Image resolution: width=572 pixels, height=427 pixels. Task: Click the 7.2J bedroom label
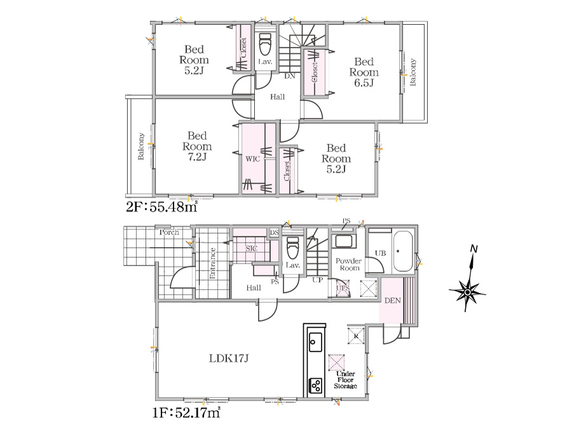197,146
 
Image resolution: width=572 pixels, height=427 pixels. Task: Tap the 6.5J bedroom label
364,72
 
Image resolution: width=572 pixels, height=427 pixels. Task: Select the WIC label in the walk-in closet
253,159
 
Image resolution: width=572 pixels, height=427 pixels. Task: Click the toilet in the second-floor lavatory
265,44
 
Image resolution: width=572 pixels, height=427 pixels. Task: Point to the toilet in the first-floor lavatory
292,248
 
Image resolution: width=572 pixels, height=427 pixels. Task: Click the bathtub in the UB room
403,252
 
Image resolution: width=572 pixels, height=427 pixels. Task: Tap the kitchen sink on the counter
315,342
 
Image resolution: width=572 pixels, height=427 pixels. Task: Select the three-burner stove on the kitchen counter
315,386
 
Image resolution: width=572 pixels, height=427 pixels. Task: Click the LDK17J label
229,358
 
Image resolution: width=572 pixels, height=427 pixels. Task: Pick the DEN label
393,301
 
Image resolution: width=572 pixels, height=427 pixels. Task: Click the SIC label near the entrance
251,248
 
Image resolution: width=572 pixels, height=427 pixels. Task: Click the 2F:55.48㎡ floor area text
161,207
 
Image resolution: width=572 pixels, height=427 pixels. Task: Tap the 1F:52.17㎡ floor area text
186,412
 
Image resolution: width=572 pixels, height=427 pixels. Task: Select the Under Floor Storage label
346,380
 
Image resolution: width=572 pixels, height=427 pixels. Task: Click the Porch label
169,233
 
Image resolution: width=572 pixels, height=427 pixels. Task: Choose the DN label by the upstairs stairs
290,76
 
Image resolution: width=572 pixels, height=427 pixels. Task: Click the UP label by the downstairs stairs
317,280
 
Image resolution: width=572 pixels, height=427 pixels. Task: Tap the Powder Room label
349,264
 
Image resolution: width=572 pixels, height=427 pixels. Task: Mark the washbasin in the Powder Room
343,241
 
